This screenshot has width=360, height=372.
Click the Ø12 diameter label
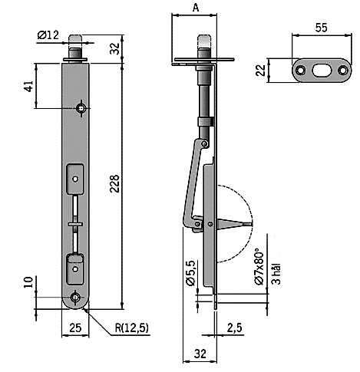coord(48,35)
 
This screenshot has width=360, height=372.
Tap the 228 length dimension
coord(114,183)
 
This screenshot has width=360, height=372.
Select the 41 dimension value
coord(29,86)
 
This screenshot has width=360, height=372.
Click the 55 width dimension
coord(321,28)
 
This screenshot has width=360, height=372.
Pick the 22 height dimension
coord(261,71)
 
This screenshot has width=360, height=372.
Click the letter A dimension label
coord(196,8)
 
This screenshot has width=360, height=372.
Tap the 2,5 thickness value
coord(234,328)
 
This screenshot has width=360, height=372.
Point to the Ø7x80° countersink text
coord(259,266)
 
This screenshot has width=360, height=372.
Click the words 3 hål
coord(276,273)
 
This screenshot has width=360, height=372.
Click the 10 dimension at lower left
coord(28,282)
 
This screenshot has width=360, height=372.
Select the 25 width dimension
coord(75,328)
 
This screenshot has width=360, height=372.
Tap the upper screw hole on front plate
coord(81,109)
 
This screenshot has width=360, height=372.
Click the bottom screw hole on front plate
coord(75,298)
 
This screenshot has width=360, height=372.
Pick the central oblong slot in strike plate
coord(322,71)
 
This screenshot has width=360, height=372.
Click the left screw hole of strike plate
coord(300,71)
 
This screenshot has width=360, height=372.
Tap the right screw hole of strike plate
coord(343,71)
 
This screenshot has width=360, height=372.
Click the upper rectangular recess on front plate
coord(75,179)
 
